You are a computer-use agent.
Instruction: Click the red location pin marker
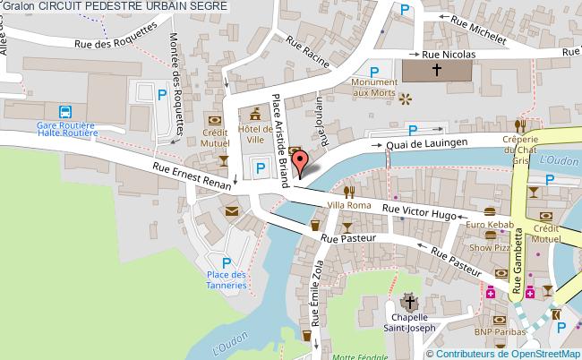304,162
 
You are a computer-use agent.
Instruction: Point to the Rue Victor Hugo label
419,211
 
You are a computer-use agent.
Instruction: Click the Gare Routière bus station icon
65,112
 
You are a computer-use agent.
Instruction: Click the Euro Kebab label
488,225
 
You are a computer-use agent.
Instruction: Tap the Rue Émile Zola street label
315,291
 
